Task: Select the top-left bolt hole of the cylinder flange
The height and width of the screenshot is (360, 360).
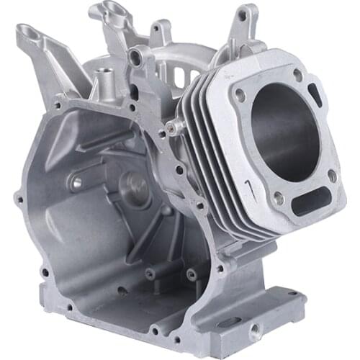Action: pyautogui.click(x=240, y=93)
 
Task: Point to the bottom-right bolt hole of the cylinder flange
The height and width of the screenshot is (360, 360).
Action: pyautogui.click(x=332, y=174)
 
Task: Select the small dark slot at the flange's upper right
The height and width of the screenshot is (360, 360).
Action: pyautogui.click(x=315, y=92)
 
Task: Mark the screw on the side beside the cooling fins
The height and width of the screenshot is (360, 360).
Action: pyautogui.click(x=171, y=127)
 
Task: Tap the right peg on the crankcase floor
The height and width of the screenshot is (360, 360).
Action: pyautogui.click(x=192, y=274)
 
